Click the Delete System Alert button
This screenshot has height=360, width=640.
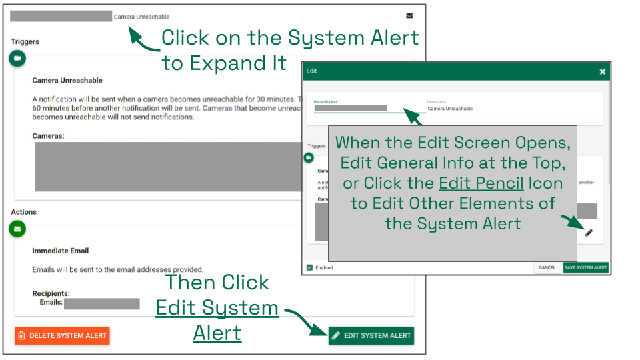click(62, 335)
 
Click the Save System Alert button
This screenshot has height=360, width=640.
click(585, 267)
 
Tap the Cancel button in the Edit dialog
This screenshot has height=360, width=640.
click(547, 267)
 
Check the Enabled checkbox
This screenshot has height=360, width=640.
click(309, 267)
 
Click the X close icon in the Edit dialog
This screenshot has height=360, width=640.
click(602, 71)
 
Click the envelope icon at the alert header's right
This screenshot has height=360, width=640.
click(409, 16)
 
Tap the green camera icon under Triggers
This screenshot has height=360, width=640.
click(17, 59)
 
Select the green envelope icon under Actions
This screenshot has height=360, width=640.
click(17, 229)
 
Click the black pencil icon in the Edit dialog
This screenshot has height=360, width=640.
click(589, 232)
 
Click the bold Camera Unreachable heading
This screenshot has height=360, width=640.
click(67, 80)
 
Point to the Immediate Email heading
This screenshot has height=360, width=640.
click(61, 251)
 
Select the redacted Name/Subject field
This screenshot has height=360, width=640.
click(351, 108)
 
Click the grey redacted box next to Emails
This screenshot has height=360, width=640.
click(101, 304)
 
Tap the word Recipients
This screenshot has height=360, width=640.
click(51, 293)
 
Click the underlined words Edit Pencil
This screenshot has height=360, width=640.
click(481, 183)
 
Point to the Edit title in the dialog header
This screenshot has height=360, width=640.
click(312, 71)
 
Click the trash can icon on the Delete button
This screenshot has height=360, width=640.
click(21, 335)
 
